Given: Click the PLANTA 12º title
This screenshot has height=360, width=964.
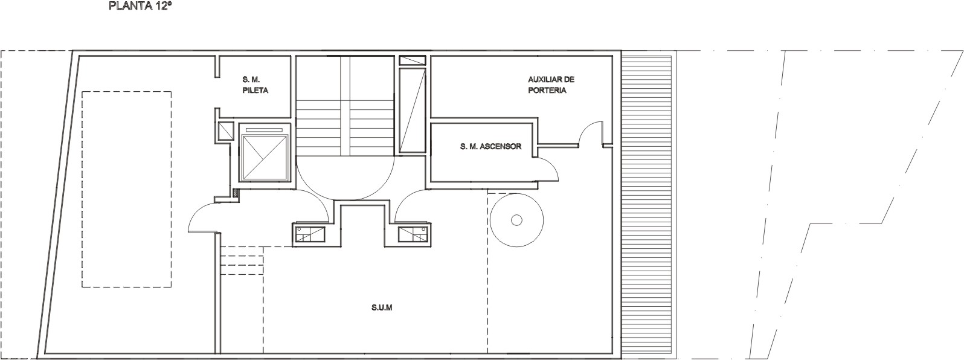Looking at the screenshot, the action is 137,7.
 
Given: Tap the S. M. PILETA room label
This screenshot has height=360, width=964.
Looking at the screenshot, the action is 255,85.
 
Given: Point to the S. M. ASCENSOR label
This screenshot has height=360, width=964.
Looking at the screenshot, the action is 490,146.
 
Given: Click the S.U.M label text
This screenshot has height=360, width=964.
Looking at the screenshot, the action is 382,308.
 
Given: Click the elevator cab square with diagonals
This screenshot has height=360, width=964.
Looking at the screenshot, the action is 264,157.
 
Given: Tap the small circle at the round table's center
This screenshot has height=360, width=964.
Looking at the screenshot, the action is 516,220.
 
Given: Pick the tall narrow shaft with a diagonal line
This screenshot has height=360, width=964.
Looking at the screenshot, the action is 413,111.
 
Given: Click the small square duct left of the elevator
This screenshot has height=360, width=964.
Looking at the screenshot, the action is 226,131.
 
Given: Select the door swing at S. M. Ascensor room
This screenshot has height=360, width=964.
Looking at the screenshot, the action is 553,166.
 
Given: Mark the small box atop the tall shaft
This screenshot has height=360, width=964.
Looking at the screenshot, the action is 413,60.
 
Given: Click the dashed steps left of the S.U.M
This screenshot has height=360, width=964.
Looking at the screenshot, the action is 242,260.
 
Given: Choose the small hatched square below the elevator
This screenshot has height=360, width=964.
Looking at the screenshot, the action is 236,193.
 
